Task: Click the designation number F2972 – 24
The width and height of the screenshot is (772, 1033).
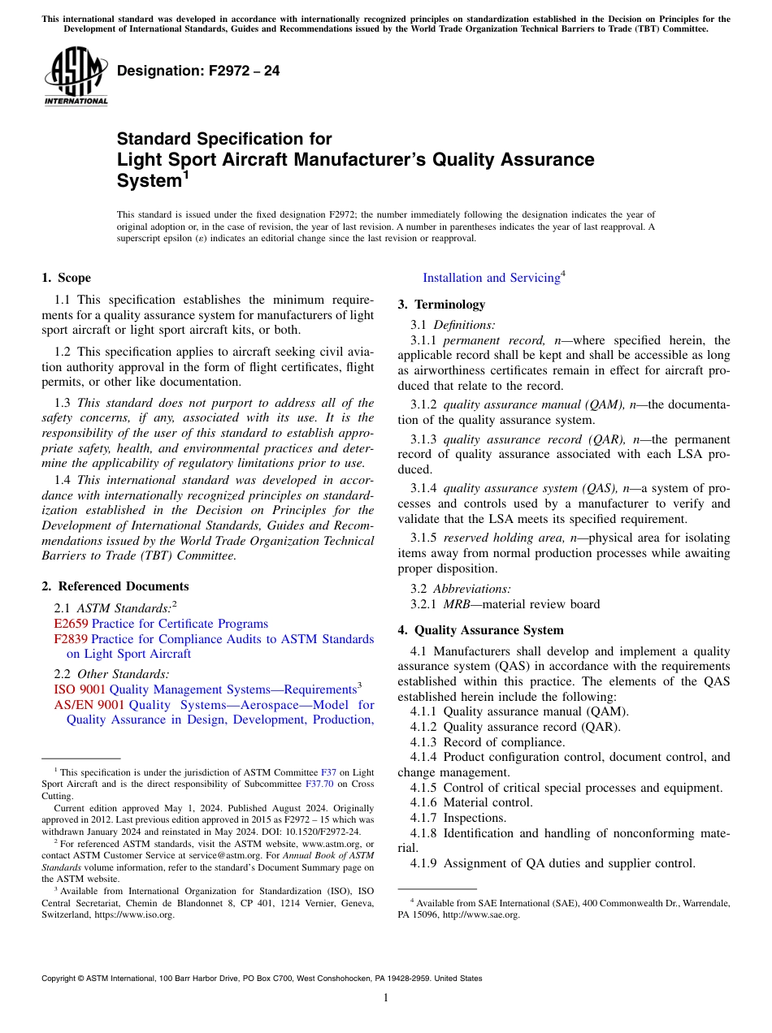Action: (x=198, y=71)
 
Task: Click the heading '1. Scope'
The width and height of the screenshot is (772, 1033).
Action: (x=66, y=278)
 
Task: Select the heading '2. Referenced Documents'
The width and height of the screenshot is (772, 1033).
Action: (x=115, y=586)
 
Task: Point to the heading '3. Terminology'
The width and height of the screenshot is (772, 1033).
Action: (x=441, y=305)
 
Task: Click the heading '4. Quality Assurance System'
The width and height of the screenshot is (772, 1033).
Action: (x=480, y=630)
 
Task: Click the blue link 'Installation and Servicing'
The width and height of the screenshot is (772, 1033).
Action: (x=491, y=278)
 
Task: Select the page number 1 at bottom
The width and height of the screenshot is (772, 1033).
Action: (x=386, y=998)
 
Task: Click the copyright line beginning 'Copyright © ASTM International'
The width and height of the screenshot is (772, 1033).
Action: (x=262, y=979)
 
